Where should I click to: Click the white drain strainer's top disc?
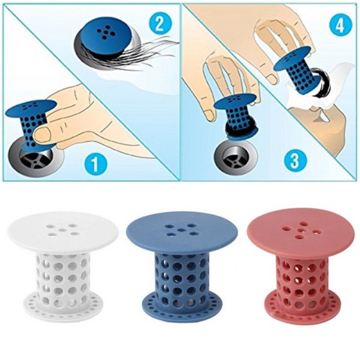[x=63, y=230]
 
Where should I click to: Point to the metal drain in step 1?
[x=37, y=158]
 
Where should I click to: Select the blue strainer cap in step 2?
[x=106, y=37]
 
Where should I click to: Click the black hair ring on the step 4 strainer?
[x=319, y=82]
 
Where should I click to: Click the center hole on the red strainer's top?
[x=300, y=230]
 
